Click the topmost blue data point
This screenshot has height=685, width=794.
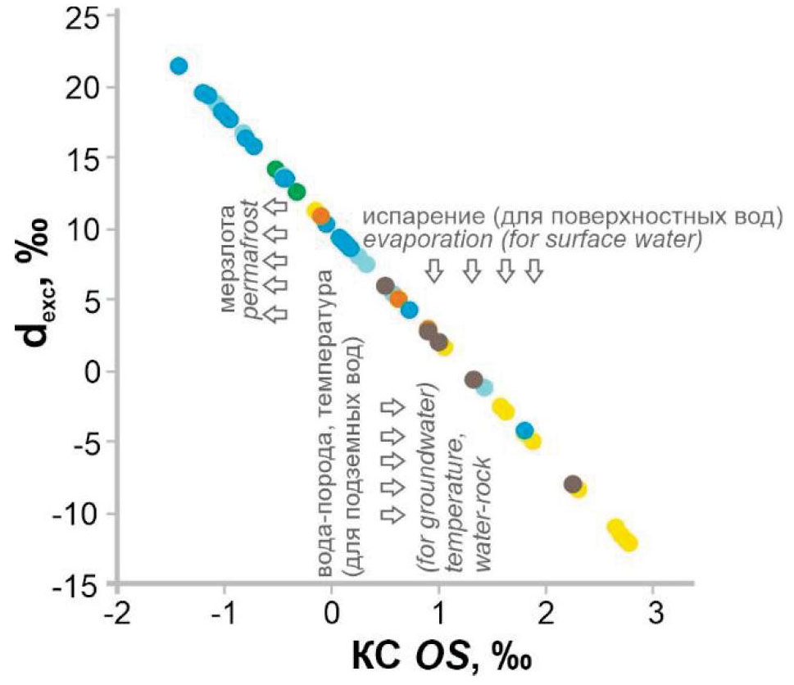point(179,66)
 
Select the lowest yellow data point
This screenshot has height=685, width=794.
point(629,542)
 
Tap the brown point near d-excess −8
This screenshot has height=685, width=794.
point(573,484)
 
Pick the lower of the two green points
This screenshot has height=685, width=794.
point(297,192)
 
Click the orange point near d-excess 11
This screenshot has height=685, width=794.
point(321,216)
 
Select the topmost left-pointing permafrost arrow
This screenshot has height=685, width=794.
point(278,207)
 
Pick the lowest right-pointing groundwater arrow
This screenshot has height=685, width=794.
point(393,514)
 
